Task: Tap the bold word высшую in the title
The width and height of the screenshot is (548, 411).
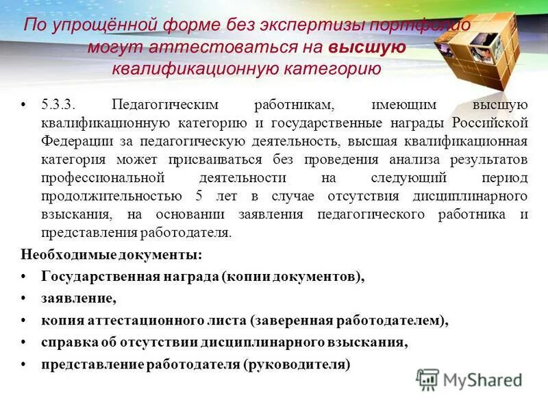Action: click(x=367, y=47)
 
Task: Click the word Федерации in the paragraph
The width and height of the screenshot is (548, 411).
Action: click(x=73, y=142)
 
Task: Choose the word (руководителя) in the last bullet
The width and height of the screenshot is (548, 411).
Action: click(x=296, y=364)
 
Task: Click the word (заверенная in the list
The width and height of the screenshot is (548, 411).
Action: click(x=288, y=320)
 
